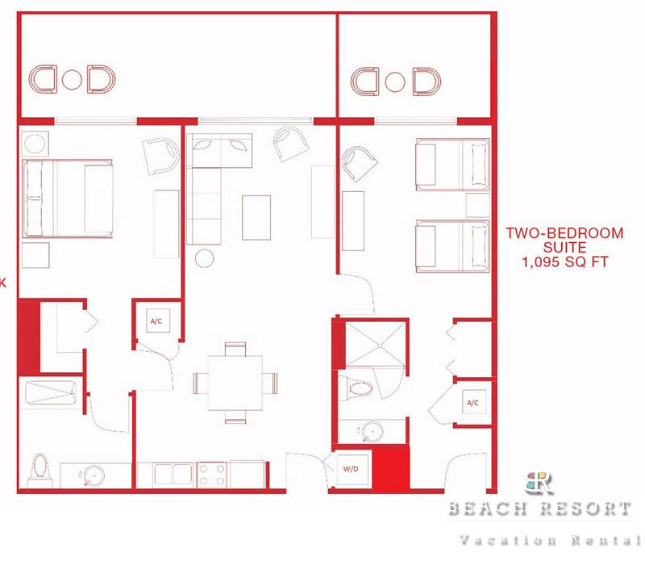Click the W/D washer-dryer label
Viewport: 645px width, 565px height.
coord(351,469)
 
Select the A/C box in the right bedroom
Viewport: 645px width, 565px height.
coord(474,402)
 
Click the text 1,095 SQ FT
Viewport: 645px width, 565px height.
coord(565,262)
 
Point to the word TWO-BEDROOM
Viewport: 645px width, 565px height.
coord(564,233)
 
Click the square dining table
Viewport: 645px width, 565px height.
coord(235,383)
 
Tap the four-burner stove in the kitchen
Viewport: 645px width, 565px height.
coord(211,475)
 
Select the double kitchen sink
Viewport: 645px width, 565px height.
coord(173,474)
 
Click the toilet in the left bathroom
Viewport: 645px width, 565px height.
coord(40,470)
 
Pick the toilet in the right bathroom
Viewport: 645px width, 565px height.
coord(356,388)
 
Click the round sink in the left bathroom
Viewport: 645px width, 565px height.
coord(94,475)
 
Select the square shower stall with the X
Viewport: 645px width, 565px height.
coord(375,345)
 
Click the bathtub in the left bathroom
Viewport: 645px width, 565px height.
coord(51,392)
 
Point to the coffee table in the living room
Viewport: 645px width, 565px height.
coord(256,217)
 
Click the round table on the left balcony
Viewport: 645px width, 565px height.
coord(72,80)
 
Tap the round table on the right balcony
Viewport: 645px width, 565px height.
coord(395,82)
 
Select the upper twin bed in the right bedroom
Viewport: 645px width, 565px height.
coord(452,165)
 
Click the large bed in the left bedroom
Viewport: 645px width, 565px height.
coord(68,199)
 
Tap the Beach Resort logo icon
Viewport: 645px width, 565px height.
coord(539,483)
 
